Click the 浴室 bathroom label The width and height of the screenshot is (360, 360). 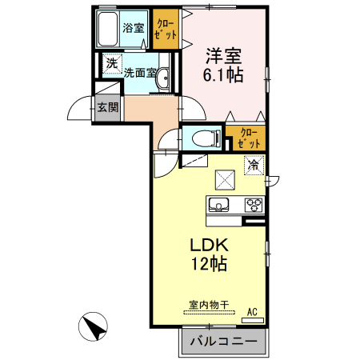coord(134,28)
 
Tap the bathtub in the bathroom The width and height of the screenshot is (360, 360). coord(107,30)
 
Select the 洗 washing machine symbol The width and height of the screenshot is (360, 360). coord(112,64)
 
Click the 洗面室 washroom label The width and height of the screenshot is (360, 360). coord(140,73)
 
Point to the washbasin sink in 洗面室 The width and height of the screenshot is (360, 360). coord(162,78)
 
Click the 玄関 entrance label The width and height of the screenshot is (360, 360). coord(107,107)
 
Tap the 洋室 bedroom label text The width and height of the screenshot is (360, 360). coord(223,56)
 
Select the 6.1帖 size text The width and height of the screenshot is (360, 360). coord(223,74)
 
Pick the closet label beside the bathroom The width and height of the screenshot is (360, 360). coord(166,30)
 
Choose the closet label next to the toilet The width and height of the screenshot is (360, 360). coord(249,138)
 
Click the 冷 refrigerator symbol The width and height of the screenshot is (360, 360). coord(254,166)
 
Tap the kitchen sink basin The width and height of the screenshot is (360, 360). coord(218,205)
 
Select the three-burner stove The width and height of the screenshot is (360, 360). coord(254,206)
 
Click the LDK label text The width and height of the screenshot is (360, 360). coord(210,245)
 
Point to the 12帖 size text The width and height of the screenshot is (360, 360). coord(210,263)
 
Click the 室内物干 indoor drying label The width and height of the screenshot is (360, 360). coord(209,305)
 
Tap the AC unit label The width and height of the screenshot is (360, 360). coord(252,312)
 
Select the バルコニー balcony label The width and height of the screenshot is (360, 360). coord(223,341)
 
